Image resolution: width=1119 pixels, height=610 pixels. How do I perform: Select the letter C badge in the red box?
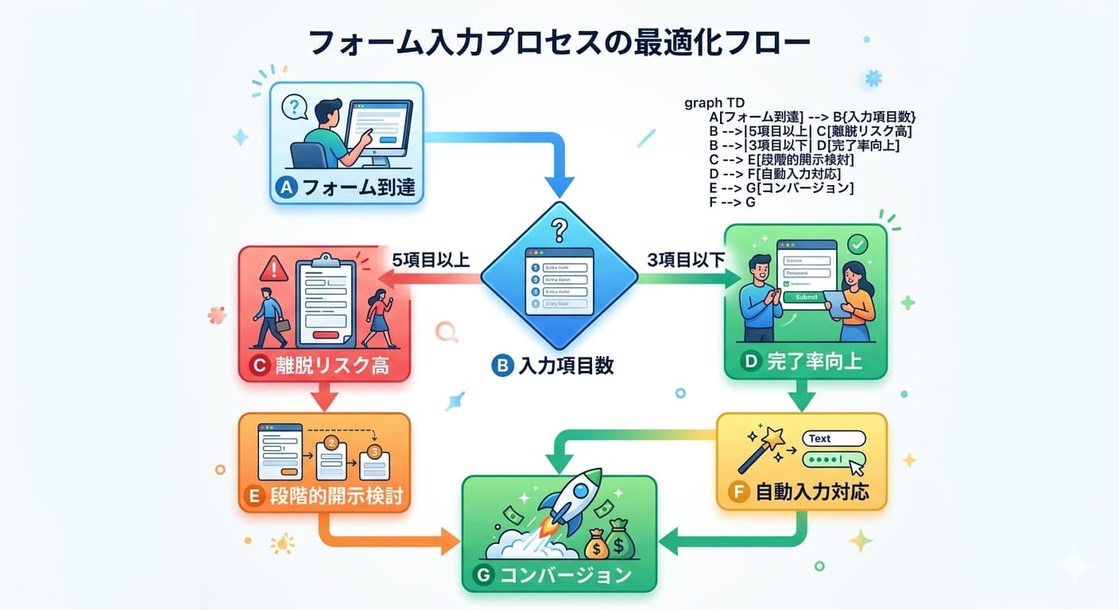(x=259, y=365)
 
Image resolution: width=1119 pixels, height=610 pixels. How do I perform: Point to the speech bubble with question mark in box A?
(x=295, y=106)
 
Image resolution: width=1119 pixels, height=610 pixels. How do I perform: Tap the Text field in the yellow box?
(x=833, y=438)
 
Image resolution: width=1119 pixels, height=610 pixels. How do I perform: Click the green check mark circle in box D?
(x=858, y=244)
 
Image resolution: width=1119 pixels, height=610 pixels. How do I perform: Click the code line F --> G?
(x=731, y=203)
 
